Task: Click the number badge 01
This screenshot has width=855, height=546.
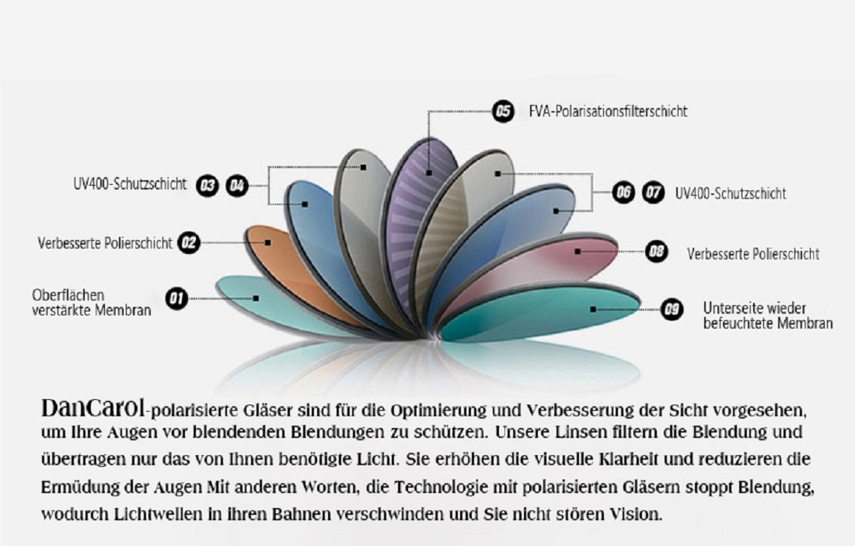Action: click(x=176, y=298)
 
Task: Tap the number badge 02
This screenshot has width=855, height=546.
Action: click(x=189, y=242)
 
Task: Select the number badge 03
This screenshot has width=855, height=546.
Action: click(x=208, y=186)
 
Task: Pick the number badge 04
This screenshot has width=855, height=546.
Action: click(x=236, y=186)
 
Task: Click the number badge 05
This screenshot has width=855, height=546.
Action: click(x=503, y=111)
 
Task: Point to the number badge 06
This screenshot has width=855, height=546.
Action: click(x=623, y=192)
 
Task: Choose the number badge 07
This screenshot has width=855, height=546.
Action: click(x=653, y=192)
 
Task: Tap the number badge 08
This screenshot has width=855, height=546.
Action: click(x=657, y=251)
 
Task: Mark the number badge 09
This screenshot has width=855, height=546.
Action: click(x=672, y=310)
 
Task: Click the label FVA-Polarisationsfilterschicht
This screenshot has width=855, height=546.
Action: click(x=608, y=111)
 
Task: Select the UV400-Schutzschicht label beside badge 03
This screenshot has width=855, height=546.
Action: click(x=130, y=184)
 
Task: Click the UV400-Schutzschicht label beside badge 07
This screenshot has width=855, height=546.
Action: click(x=731, y=193)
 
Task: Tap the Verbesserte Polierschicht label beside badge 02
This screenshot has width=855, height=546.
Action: click(x=105, y=243)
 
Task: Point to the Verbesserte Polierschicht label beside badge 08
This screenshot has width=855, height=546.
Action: click(x=753, y=254)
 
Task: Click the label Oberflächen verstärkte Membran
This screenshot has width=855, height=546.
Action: click(x=92, y=303)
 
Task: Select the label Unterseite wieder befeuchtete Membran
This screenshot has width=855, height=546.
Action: click(x=768, y=315)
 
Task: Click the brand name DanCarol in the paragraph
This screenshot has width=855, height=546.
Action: click(x=93, y=408)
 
